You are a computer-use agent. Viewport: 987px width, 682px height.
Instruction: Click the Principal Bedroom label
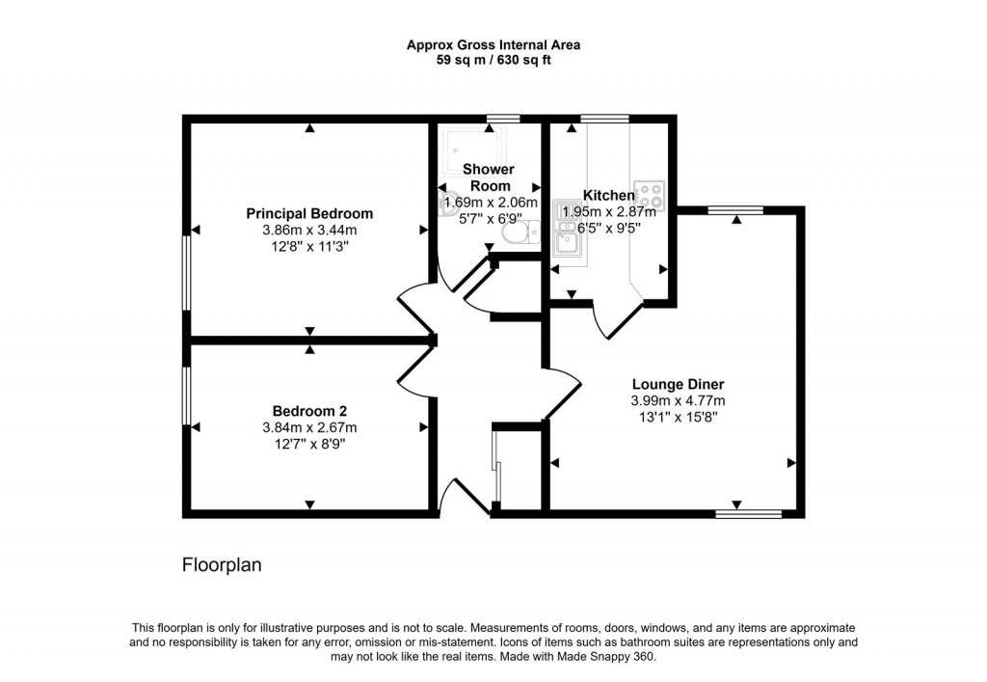coord(309,213)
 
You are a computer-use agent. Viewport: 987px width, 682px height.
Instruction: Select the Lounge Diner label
coord(678,383)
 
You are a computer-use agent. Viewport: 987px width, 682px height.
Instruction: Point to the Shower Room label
coord(490,177)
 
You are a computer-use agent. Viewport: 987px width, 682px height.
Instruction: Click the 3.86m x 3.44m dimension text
coord(309,230)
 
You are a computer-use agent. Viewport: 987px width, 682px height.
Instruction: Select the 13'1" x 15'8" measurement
coord(678,417)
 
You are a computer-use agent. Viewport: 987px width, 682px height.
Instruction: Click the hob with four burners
coord(650,196)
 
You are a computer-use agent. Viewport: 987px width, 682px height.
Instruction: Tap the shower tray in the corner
coord(467,151)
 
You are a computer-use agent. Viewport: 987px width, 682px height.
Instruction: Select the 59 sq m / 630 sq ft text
coord(493,60)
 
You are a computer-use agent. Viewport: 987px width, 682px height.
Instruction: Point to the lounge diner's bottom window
coord(748,514)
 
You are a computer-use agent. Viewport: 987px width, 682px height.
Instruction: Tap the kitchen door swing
coord(617,318)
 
